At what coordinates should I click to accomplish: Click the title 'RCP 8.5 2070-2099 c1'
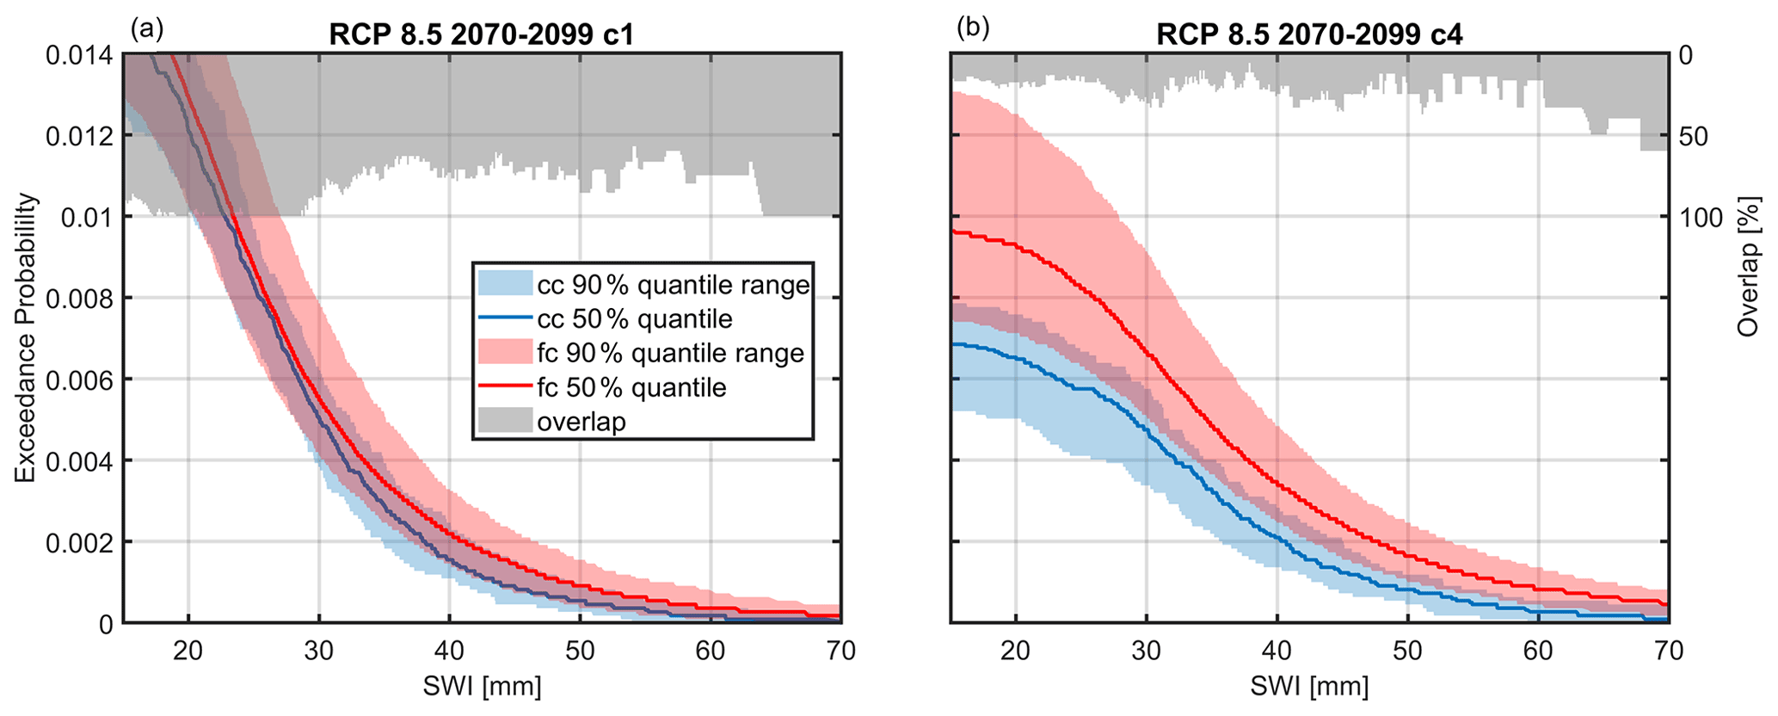(x=482, y=34)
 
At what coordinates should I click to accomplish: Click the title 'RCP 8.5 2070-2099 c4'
(x=1309, y=34)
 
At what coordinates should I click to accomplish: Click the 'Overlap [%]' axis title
(x=1748, y=267)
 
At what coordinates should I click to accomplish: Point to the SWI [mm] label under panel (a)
(x=482, y=686)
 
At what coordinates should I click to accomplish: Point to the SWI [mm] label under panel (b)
(x=1309, y=686)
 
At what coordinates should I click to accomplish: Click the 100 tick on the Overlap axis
(x=1701, y=218)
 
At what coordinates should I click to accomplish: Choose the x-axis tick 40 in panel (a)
(x=449, y=651)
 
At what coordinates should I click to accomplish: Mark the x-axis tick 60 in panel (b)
(x=1537, y=651)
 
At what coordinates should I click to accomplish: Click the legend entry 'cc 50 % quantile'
(x=635, y=319)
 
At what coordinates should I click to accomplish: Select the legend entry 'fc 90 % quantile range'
(x=670, y=354)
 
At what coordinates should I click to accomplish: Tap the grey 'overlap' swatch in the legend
(x=505, y=422)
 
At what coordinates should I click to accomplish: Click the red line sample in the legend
(x=505, y=387)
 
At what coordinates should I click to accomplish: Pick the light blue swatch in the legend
(x=505, y=285)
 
